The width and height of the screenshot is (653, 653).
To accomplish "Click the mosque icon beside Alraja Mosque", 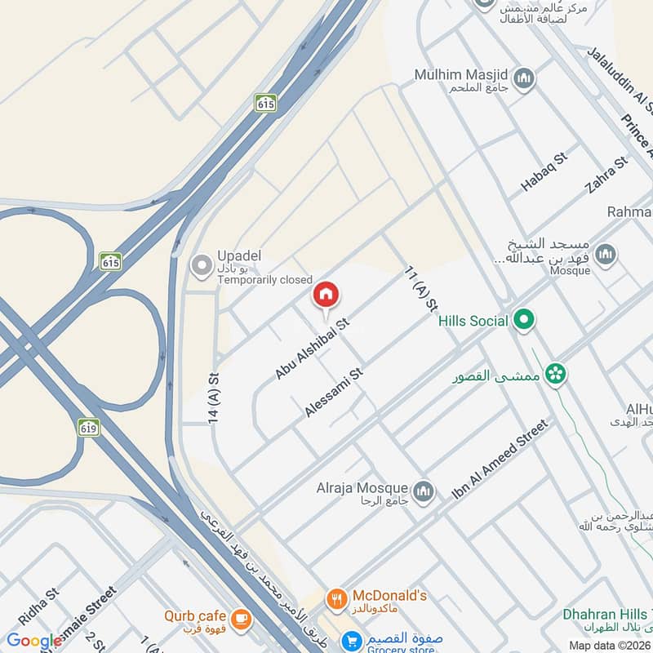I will click(422, 491).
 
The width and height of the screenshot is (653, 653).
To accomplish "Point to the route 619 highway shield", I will click(89, 426).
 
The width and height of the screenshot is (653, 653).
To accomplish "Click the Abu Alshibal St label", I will click(312, 349).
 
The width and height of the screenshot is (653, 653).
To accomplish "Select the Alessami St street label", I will click(333, 393).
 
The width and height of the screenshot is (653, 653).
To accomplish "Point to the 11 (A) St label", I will click(420, 291).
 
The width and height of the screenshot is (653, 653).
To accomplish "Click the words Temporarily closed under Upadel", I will click(264, 279).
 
